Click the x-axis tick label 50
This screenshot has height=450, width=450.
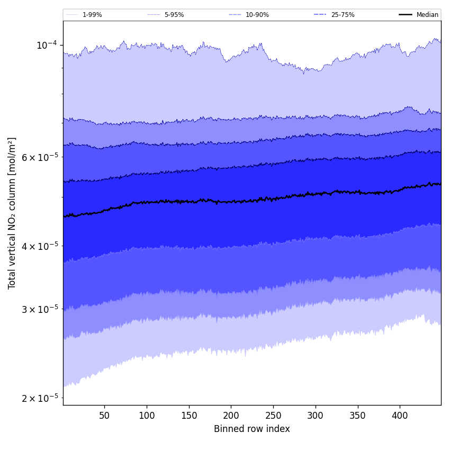tap(104, 416)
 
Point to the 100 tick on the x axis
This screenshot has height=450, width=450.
tap(147, 416)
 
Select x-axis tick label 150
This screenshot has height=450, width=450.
tap(189, 416)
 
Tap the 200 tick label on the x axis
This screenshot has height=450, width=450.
tap(231, 416)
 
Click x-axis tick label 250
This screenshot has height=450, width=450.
tap(273, 416)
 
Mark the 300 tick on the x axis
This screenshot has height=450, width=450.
tap(316, 416)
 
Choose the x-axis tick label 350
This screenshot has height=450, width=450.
tap(358, 416)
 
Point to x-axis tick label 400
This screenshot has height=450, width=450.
tap(400, 416)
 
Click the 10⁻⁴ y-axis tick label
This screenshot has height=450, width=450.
tap(47, 46)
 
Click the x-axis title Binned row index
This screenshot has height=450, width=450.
tap(252, 429)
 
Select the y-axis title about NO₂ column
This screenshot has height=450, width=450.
tap(12, 213)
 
